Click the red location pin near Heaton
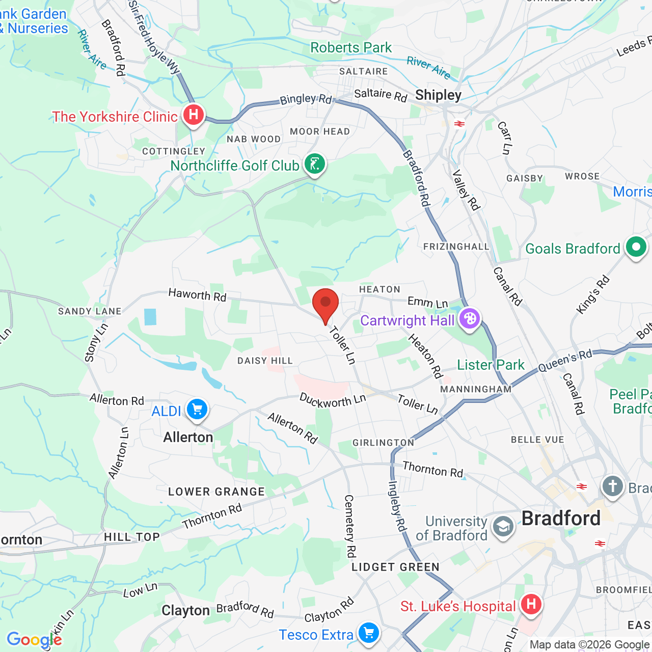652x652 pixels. click(325, 304)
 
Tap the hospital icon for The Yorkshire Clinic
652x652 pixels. click(194, 115)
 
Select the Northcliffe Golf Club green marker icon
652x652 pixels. click(315, 164)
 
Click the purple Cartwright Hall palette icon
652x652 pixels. click(469, 319)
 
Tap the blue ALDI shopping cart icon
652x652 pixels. click(197, 410)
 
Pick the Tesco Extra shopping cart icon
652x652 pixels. click(369, 633)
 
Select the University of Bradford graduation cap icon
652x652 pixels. click(503, 527)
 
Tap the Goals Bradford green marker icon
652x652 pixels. click(636, 248)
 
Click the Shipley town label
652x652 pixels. click(438, 95)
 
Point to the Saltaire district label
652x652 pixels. click(364, 71)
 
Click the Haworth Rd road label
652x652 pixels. click(197, 295)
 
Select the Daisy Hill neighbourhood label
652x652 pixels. click(265, 361)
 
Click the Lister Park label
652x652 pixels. click(491, 365)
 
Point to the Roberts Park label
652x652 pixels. click(351, 48)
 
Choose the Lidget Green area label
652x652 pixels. click(395, 567)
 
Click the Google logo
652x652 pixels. click(34, 640)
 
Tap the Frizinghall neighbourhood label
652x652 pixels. click(456, 247)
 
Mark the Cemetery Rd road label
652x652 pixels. click(350, 526)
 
